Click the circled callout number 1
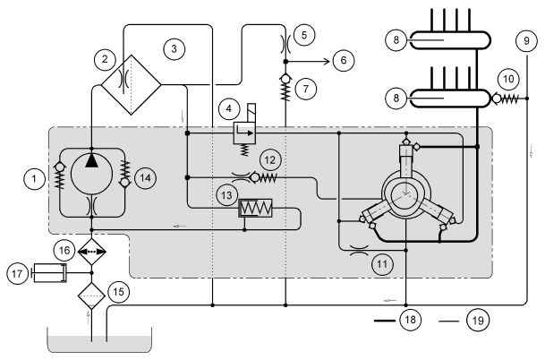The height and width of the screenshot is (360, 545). pyautogui.click(x=34, y=179)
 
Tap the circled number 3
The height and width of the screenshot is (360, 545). pyautogui.click(x=175, y=49)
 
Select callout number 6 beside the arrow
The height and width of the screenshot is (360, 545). pyautogui.click(x=344, y=60)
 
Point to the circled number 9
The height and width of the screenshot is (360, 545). pyautogui.click(x=526, y=40)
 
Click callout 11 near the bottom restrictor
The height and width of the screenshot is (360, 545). pyautogui.click(x=382, y=264)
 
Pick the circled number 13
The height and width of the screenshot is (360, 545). pyautogui.click(x=226, y=195)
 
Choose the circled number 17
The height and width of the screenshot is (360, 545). pyautogui.click(x=17, y=274)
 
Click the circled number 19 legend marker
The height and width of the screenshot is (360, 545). pyautogui.click(x=478, y=320)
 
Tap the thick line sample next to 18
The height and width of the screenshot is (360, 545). pyautogui.click(x=385, y=321)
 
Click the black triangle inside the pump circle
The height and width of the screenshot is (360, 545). pyautogui.click(x=92, y=161)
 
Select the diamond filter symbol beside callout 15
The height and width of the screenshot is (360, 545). pyautogui.click(x=91, y=296)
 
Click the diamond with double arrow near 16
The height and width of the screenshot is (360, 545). pyautogui.click(x=91, y=252)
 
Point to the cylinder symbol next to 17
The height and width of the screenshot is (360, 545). pyautogui.click(x=49, y=273)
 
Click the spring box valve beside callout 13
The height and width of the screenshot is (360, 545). pyautogui.click(x=255, y=208)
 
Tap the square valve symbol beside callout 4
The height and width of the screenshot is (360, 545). pyautogui.click(x=244, y=133)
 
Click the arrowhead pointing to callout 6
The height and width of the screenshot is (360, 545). pyautogui.click(x=327, y=62)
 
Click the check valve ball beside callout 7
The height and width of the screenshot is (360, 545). pyautogui.click(x=285, y=79)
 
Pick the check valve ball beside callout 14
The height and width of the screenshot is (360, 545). pyautogui.click(x=124, y=182)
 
